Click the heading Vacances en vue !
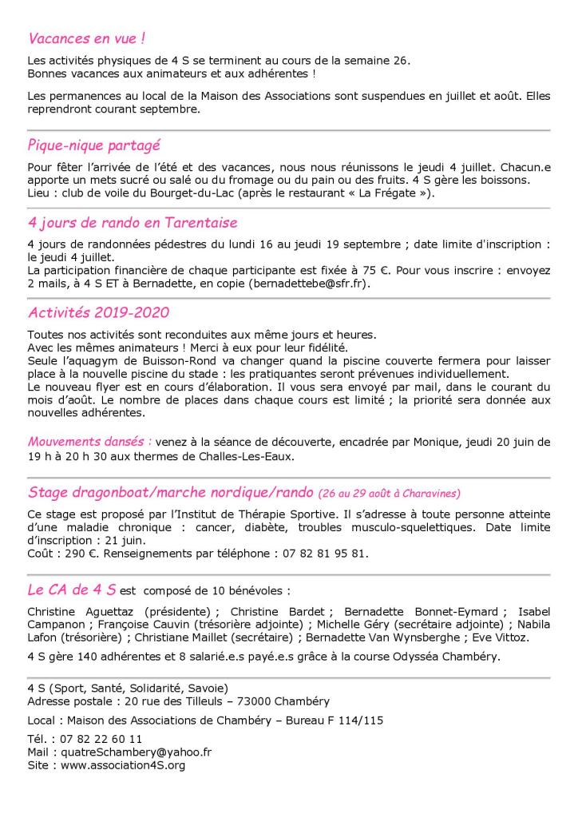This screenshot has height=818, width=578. coord(86,38)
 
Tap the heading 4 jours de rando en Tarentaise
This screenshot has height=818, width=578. coord(132,223)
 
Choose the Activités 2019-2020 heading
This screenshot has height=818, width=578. coord(98,312)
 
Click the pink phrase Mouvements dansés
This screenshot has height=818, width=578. coord(89,441)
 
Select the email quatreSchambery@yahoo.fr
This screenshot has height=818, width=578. coord(132,752)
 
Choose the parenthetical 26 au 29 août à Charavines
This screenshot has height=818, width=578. coord(390,493)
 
